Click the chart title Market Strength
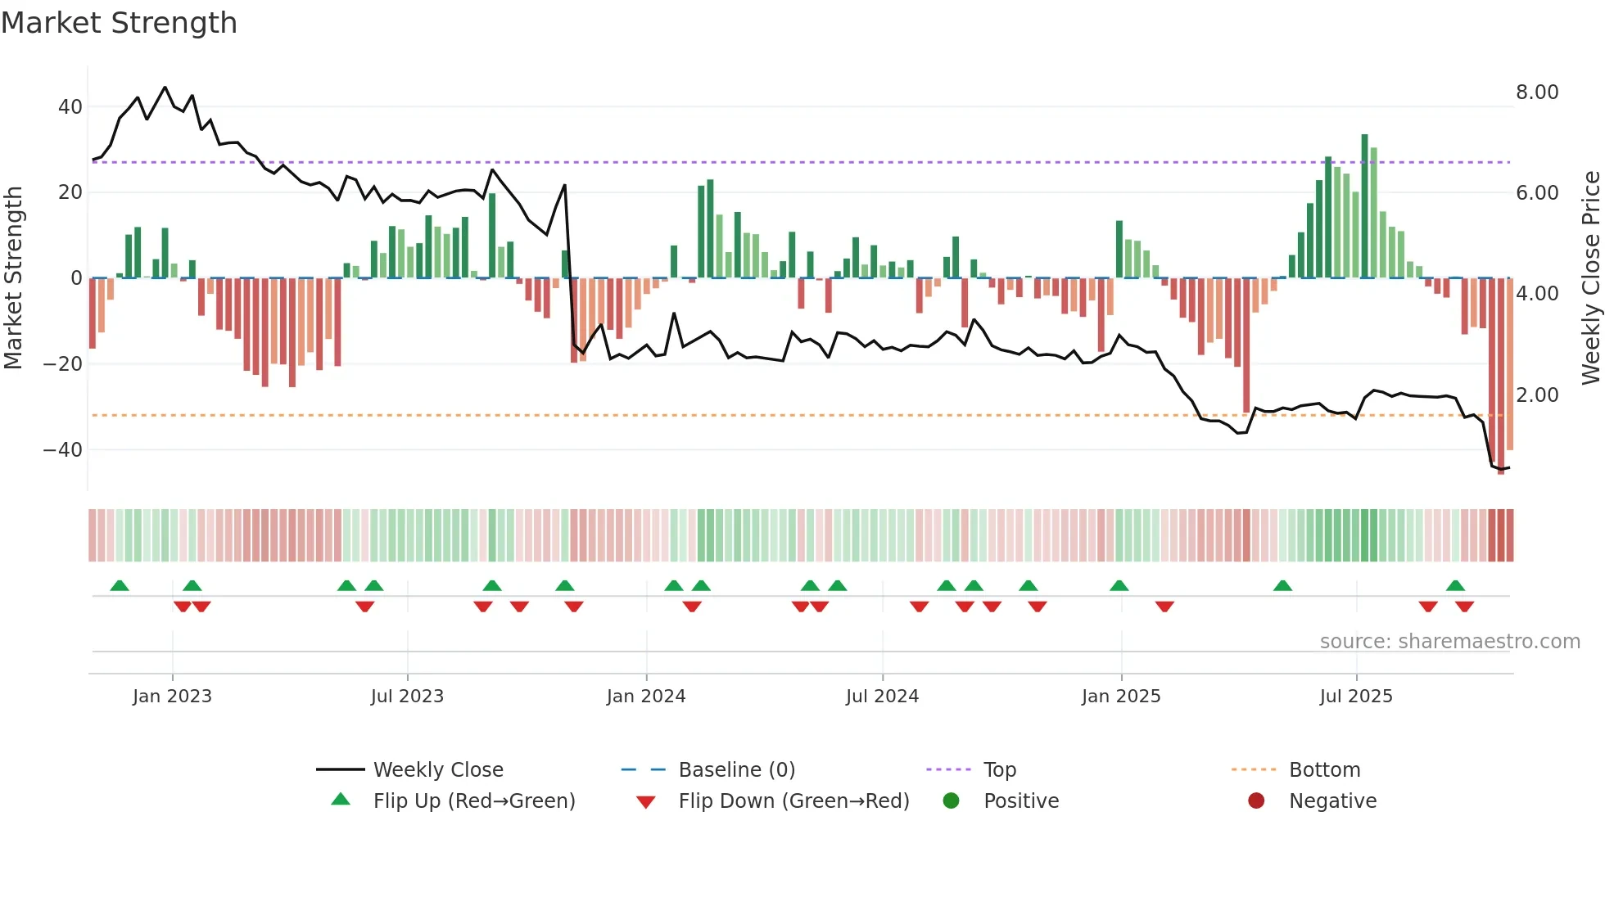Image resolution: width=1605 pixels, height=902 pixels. [x=119, y=23]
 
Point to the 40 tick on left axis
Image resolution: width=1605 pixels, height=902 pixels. [x=70, y=107]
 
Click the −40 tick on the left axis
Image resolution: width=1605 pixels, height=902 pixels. [x=63, y=450]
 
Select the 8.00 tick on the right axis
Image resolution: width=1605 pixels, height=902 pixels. [x=1537, y=92]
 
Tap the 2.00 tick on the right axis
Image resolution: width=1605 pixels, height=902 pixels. [x=1537, y=395]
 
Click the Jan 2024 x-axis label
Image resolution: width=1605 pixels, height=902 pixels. [x=645, y=697]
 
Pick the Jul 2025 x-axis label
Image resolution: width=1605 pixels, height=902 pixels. [x=1355, y=697]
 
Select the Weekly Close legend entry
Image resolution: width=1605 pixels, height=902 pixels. [x=437, y=770]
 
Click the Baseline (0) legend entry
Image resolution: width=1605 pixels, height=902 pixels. [x=736, y=770]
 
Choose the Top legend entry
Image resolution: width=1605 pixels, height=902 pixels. [x=999, y=770]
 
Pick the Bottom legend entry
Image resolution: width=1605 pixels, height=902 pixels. [x=1324, y=770]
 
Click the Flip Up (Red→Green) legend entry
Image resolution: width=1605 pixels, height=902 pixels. [x=473, y=801]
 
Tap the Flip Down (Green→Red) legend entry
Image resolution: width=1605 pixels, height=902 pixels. [x=793, y=801]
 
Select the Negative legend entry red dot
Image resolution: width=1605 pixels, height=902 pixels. [x=1256, y=801]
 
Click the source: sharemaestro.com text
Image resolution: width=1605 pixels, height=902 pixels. [x=1449, y=642]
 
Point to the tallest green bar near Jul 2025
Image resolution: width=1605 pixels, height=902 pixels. [x=1365, y=205]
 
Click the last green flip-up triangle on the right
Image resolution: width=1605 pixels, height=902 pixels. [x=1455, y=586]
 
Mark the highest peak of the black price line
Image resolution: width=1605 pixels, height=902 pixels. [x=165, y=88]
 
